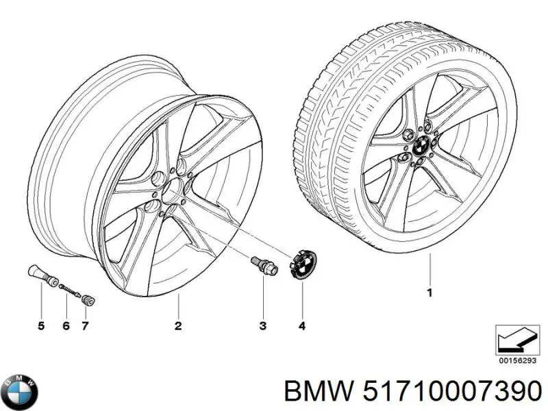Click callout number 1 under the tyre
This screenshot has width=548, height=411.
(x=430, y=292)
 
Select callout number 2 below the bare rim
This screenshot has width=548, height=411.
(x=178, y=326)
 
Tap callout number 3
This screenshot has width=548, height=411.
(x=263, y=326)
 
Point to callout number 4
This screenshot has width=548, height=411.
(x=302, y=326)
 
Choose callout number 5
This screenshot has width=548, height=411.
(x=41, y=326)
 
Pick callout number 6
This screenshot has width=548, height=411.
(x=66, y=326)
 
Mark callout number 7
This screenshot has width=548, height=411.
(x=85, y=326)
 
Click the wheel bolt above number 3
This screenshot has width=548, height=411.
(x=264, y=265)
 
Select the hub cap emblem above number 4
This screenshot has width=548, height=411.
(x=303, y=265)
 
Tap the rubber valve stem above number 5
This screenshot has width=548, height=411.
(x=42, y=275)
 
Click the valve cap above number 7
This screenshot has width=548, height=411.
(x=88, y=300)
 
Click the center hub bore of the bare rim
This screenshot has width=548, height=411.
(x=174, y=191)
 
